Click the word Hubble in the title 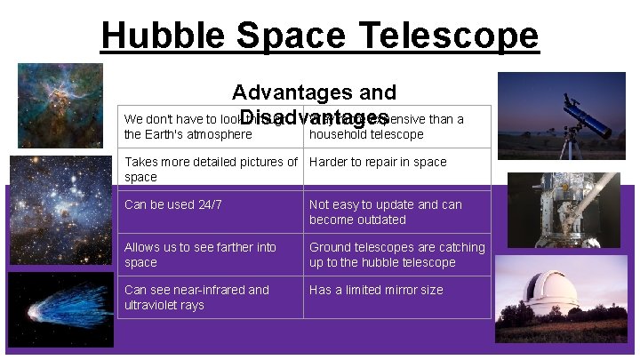158,36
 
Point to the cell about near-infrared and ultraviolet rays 210,297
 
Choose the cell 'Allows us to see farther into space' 210,254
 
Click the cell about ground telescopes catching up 396,254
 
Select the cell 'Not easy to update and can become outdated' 396,212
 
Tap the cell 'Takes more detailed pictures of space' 210,169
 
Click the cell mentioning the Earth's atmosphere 210,127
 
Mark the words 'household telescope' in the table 366,135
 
